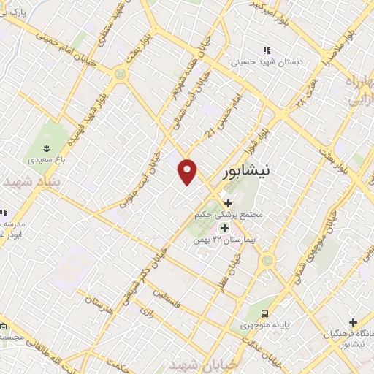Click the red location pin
point(188,170)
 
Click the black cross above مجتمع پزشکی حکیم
point(229,203)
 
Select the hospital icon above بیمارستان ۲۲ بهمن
point(224,228)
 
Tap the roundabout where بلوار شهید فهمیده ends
point(119,74)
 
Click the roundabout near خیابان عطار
point(267,259)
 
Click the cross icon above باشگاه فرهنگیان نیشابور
point(353,322)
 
